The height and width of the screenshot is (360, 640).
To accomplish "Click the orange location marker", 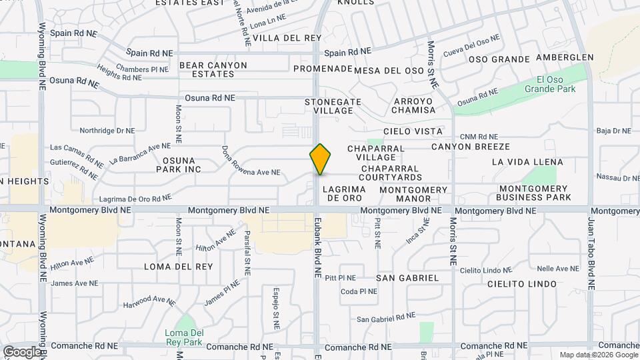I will tap(321, 159).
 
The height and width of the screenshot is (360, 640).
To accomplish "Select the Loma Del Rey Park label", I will tap(185, 337).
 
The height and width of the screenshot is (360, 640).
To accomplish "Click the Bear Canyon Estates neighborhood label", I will tap(213, 70).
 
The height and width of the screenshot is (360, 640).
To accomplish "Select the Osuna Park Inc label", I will tap(182, 165).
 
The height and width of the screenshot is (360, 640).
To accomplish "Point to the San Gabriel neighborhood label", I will tap(407, 277).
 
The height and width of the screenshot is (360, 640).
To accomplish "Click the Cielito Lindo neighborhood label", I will tap(522, 284).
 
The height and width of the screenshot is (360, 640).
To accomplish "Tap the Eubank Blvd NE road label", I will tap(318, 247).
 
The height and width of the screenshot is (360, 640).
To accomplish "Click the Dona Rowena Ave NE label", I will tap(250, 163).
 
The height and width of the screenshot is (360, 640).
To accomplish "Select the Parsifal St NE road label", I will tap(247, 253).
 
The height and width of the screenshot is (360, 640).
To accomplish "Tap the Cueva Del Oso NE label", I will tap(471, 46).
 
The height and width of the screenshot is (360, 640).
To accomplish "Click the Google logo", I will tap(22, 351).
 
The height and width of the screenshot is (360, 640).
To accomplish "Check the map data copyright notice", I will tap(598, 355).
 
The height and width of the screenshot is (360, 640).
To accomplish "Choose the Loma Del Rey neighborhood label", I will tap(179, 267).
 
